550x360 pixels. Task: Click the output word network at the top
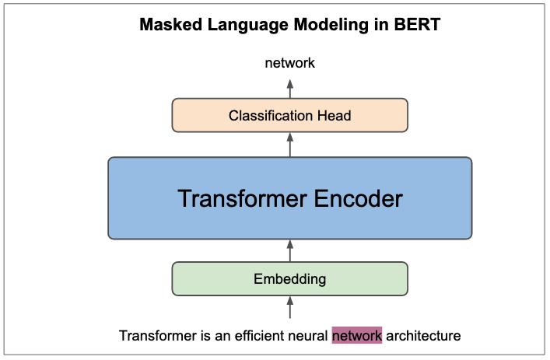coord(290,63)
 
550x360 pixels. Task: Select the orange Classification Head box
coord(290,115)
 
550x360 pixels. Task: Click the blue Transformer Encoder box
coord(290,198)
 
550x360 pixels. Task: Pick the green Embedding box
coord(290,278)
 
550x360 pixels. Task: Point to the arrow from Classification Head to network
coord(290,88)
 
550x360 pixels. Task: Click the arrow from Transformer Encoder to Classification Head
coord(290,145)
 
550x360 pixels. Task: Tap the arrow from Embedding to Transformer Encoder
coord(290,250)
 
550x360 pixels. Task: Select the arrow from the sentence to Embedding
coord(290,308)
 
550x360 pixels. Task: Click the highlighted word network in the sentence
coord(357,336)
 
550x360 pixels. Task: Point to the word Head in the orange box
coord(335,116)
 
